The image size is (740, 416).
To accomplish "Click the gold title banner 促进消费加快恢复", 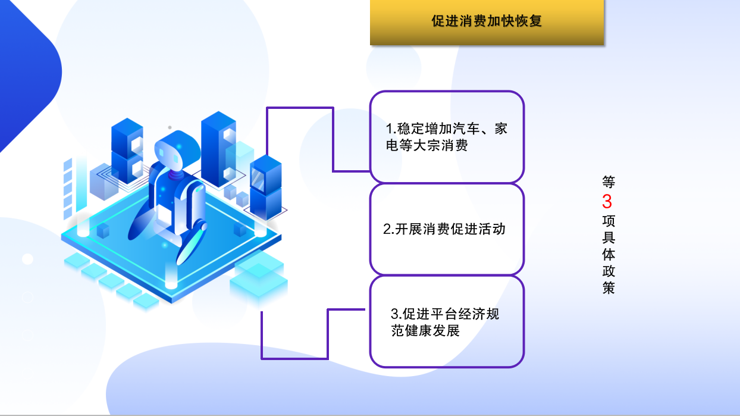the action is [x=487, y=22].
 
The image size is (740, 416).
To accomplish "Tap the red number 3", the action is [x=607, y=201].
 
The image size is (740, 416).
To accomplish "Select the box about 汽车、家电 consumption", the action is [x=447, y=137].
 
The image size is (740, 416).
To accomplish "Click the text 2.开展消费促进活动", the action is [x=444, y=229].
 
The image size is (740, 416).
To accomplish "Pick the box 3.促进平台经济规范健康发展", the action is [x=447, y=321].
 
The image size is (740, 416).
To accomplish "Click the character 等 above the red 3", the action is [x=608, y=182].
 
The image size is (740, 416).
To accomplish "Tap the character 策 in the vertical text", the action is [x=608, y=287].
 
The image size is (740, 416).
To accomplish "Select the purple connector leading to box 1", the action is [x=333, y=139].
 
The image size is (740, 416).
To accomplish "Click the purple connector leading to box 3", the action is [x=327, y=334].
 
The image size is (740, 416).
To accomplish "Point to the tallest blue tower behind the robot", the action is [x=218, y=149].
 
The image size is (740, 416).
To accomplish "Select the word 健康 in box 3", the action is [x=419, y=330].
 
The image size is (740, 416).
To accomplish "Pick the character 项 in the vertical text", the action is [x=608, y=221].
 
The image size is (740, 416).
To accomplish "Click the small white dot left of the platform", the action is [x=28, y=259].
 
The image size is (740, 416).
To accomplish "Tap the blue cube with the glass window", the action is [x=266, y=176].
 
